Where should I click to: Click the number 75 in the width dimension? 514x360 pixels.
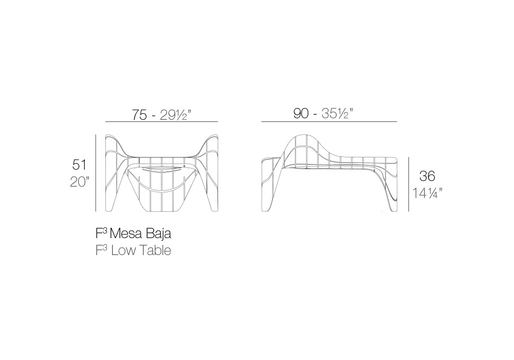[139, 115]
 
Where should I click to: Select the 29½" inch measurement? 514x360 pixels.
[175, 115]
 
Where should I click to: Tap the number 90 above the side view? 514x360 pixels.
[301, 114]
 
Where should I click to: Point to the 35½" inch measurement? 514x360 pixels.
[337, 114]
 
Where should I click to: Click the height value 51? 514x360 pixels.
[79, 165]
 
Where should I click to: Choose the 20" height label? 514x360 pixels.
[80, 182]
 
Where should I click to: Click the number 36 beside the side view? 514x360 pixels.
[427, 176]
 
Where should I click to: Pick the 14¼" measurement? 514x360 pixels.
[427, 193]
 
